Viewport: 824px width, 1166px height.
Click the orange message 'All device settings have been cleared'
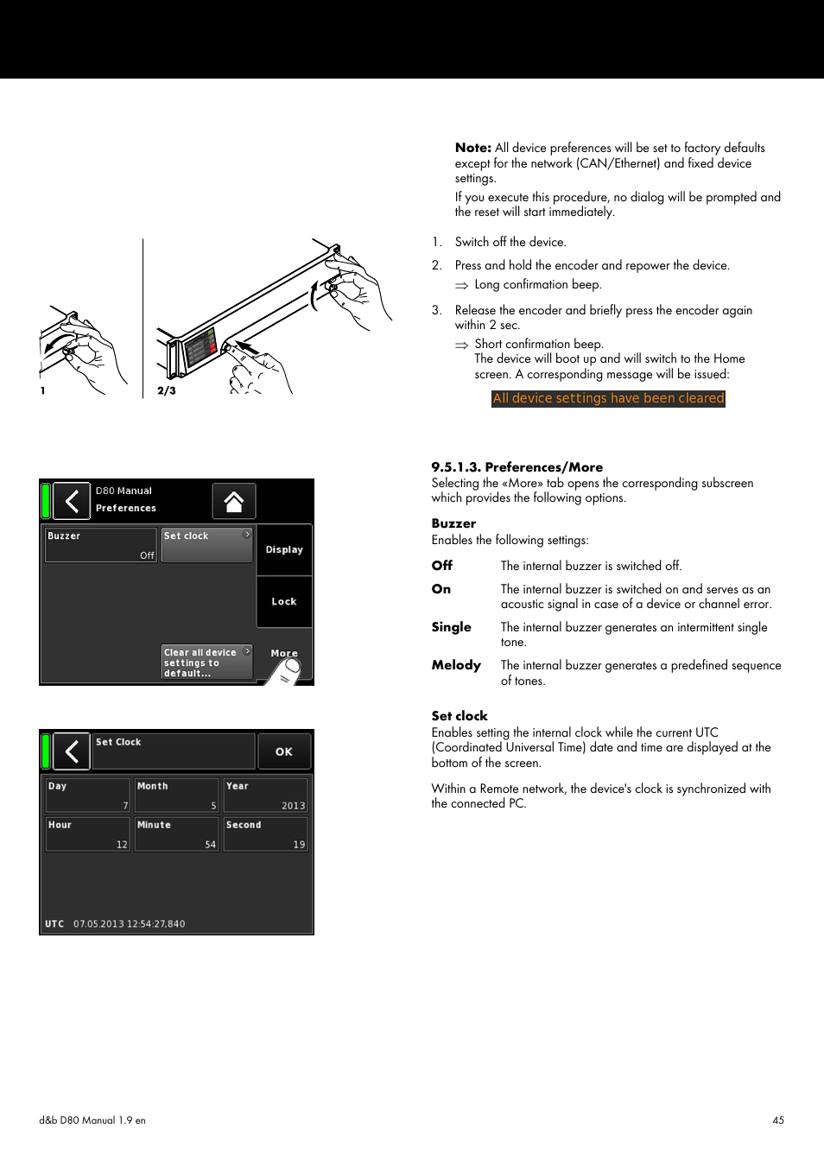point(608,398)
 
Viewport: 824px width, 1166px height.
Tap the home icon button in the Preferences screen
point(233,501)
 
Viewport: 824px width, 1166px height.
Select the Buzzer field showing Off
point(101,545)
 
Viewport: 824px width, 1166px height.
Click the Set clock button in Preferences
point(206,545)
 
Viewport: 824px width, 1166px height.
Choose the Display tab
point(284,549)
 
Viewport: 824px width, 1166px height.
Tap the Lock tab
point(284,601)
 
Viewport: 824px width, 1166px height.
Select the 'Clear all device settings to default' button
point(206,662)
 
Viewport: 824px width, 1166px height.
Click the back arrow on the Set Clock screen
point(72,751)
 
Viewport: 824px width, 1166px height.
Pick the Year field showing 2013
point(265,795)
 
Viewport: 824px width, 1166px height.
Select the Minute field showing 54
point(176,834)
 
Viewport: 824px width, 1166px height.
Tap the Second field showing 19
point(265,834)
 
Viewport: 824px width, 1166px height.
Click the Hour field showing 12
point(87,834)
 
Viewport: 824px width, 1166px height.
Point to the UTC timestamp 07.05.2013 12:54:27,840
point(129,924)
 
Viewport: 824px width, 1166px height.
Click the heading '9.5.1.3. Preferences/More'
point(517,467)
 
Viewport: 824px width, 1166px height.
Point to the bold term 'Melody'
point(456,665)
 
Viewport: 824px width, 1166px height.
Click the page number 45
point(778,1120)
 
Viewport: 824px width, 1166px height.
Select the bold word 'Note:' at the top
point(472,148)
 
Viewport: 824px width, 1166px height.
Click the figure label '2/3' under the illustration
point(167,390)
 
